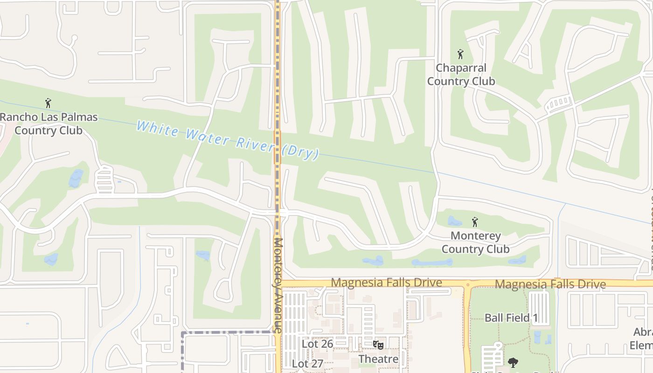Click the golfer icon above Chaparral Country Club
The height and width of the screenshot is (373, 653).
[x=461, y=54]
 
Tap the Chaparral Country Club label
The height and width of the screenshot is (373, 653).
[x=461, y=75]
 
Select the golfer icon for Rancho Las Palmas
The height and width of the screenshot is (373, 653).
[x=48, y=103]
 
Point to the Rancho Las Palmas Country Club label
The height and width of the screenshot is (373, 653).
[x=49, y=124]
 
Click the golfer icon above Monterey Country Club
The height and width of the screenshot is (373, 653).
[x=475, y=222]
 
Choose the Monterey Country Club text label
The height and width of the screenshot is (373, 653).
[x=475, y=242]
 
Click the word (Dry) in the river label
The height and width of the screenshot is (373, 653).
[x=300, y=152]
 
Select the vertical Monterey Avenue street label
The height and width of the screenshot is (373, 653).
[x=278, y=285]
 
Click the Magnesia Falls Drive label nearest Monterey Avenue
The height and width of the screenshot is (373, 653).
[x=386, y=283]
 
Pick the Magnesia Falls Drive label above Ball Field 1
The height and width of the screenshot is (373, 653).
[x=550, y=284]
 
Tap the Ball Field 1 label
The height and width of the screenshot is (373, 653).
[x=511, y=318]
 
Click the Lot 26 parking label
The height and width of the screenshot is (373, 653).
[x=317, y=344]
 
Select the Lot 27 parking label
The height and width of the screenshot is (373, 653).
[x=307, y=364]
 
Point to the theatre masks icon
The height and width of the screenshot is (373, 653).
[x=378, y=345]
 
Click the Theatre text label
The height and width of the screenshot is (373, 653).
[x=378, y=359]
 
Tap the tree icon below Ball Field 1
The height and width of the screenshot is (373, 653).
[x=513, y=362]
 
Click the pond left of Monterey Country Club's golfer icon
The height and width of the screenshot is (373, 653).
[x=455, y=221]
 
